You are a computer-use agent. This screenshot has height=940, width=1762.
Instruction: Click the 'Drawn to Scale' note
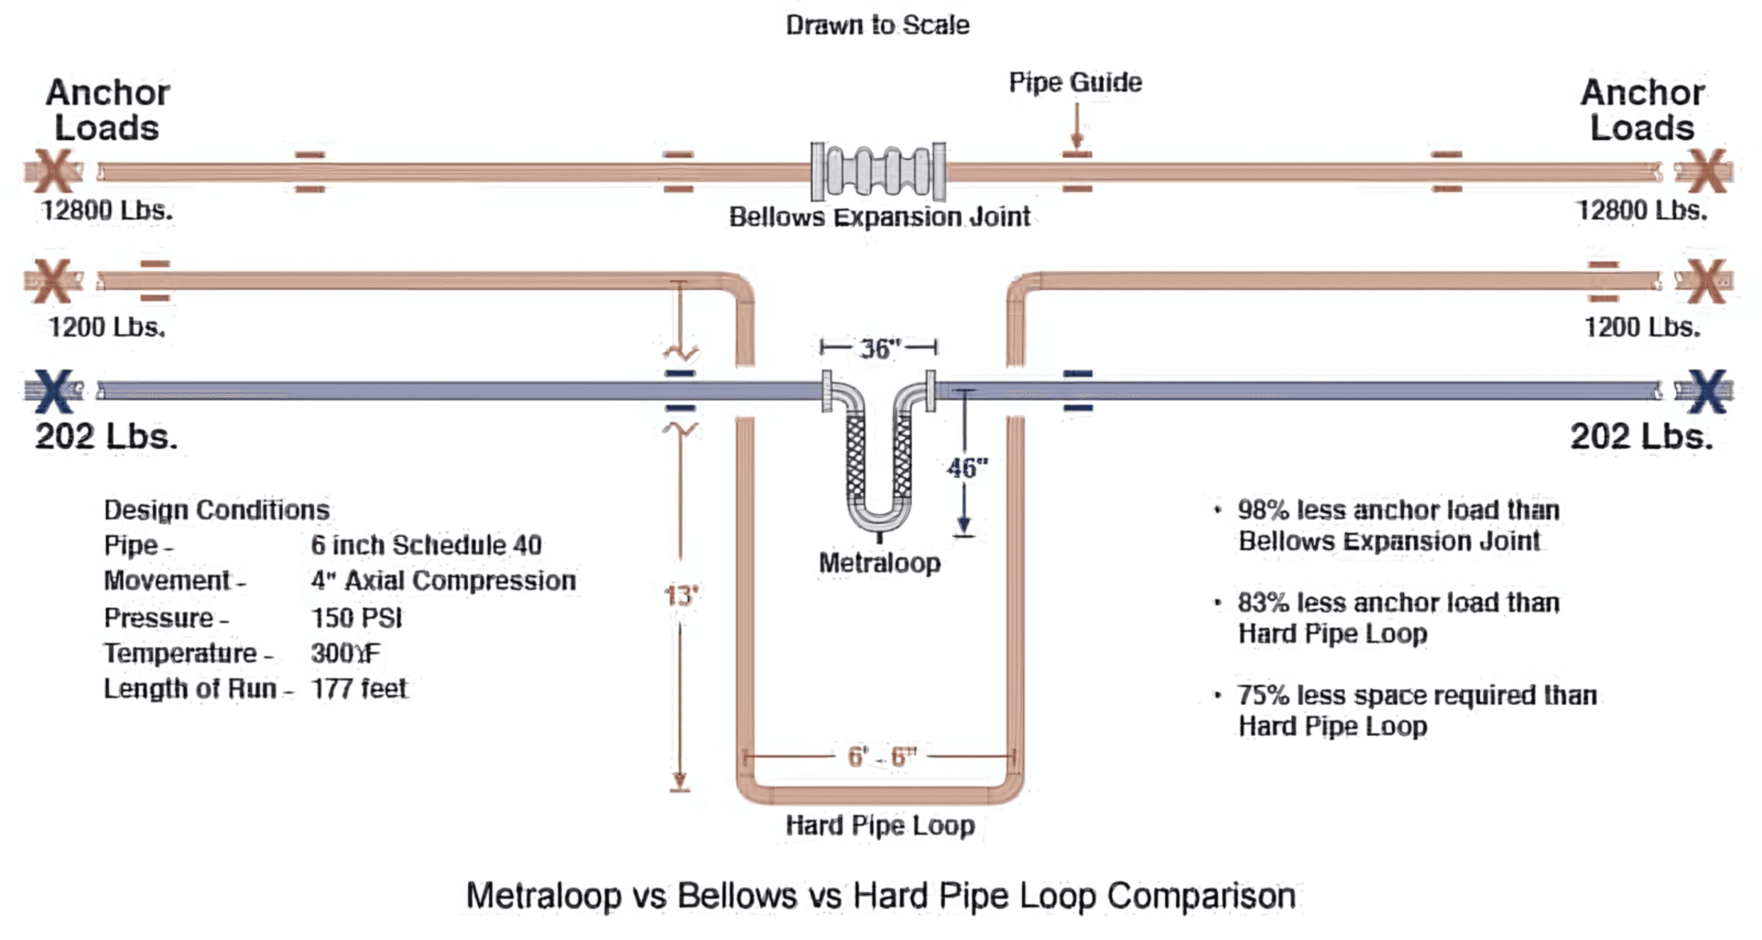point(878,25)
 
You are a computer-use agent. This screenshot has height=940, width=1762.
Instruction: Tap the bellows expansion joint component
point(878,171)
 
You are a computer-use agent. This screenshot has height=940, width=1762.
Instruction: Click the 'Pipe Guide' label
point(1075,83)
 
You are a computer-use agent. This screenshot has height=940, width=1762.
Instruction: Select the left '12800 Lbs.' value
point(108,210)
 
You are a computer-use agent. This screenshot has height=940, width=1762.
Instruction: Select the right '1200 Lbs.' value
point(1642,327)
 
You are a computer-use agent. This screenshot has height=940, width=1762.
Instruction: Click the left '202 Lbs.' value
point(107,436)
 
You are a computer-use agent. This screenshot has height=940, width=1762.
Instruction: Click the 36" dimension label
point(879,349)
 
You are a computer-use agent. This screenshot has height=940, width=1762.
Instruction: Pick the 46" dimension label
point(967,468)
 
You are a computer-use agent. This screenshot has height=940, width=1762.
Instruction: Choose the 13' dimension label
point(681,595)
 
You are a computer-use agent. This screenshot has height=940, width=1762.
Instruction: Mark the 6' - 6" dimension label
point(882,757)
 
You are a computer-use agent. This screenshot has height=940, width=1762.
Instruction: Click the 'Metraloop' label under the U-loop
point(879,563)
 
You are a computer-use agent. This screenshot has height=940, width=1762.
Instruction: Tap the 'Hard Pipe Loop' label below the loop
point(880,826)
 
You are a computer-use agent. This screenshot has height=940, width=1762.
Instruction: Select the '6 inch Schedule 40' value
point(426,545)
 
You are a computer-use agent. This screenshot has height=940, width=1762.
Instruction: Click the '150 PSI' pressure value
point(356,618)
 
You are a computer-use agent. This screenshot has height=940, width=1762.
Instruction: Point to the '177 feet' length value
point(359,689)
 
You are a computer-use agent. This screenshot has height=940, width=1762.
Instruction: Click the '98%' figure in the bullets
point(1263,510)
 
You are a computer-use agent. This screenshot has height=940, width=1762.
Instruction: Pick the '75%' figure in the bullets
point(1263,695)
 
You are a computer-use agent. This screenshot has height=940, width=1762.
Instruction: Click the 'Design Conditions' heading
point(217,510)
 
